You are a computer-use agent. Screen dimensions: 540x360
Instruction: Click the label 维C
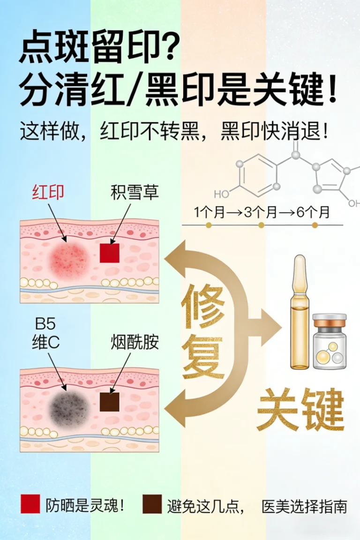[x=46, y=343]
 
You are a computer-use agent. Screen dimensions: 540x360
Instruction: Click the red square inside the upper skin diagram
[x=110, y=253]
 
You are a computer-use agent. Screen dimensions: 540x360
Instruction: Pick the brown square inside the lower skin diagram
[x=110, y=402]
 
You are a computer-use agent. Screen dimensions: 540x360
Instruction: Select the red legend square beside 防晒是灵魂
[x=30, y=504]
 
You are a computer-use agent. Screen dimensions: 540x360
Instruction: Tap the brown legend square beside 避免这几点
[x=152, y=504]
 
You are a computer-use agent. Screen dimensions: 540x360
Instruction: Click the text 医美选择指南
[x=304, y=506]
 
